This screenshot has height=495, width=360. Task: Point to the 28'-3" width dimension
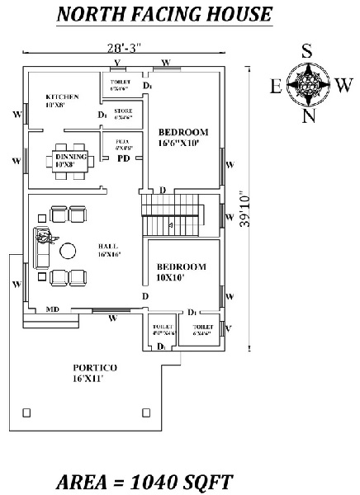pyautogui.click(x=126, y=49)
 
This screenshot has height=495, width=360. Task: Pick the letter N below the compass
pyautogui.click(x=308, y=116)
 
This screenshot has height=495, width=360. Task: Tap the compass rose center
pyautogui.click(x=306, y=86)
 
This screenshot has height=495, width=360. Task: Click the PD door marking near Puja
pyautogui.click(x=122, y=158)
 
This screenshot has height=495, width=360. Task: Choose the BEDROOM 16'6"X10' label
pyautogui.click(x=183, y=137)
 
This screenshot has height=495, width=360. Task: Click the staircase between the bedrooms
pyautogui.click(x=170, y=214)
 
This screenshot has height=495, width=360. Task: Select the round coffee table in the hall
pyautogui.click(x=69, y=250)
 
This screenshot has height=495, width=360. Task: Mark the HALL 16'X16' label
pyautogui.click(x=108, y=251)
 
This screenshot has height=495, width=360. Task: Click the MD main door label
pyautogui.click(x=51, y=310)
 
